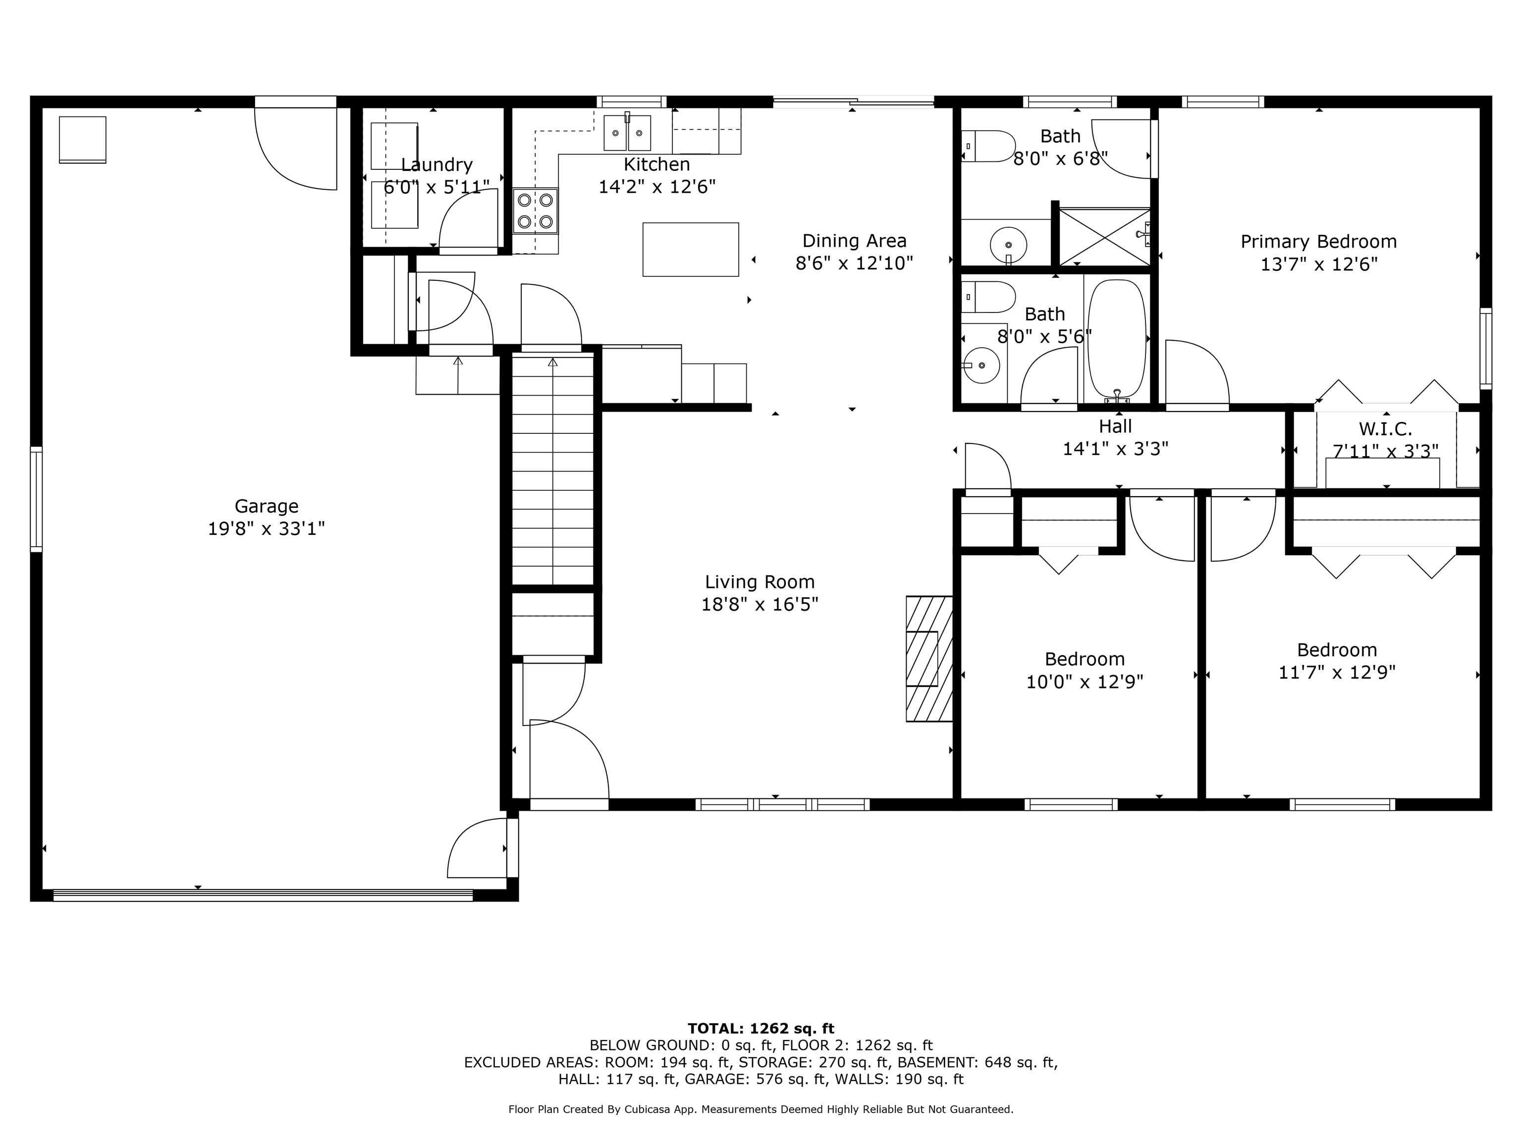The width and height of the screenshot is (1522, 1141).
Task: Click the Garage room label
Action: click(266, 506)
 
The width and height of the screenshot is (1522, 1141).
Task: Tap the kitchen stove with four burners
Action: click(535, 210)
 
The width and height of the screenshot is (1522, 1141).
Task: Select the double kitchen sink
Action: click(627, 133)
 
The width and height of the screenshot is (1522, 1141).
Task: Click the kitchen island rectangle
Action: click(690, 249)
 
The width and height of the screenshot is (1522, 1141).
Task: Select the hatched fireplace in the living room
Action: click(929, 658)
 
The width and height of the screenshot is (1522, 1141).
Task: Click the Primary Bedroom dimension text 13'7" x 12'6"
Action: click(1318, 264)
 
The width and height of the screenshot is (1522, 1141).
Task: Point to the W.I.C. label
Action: click(1385, 429)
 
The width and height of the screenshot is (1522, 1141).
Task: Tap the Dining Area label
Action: click(854, 241)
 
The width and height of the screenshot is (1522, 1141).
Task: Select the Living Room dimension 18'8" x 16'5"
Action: click(759, 605)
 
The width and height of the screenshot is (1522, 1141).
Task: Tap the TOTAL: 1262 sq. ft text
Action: click(761, 1028)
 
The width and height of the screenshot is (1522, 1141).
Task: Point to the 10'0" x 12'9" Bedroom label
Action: click(1085, 659)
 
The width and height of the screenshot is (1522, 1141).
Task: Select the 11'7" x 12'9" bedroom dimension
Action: click(1336, 673)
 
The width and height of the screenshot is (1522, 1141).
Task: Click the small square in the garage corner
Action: click(83, 140)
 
